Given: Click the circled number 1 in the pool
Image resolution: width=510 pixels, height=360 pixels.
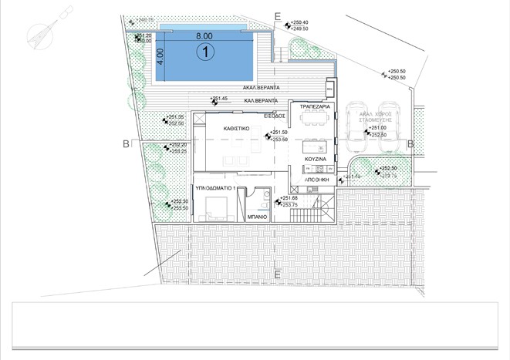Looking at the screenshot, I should coord(204,52).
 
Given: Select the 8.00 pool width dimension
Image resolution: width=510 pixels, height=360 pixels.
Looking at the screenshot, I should coord(204,35).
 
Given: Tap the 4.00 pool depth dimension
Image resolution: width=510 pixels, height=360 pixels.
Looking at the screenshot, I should coord(160,56).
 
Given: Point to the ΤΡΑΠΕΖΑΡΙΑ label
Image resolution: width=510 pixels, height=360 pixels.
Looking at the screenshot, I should coord(316,107).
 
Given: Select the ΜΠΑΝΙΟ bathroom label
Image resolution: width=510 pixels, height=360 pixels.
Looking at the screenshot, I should coord(256,217).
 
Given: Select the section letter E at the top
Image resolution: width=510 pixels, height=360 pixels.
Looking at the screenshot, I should coord(277,15).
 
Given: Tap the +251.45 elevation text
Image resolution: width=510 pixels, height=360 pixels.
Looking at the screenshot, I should coord(220,99).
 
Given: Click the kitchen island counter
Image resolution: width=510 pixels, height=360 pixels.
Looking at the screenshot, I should coord(312,146).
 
